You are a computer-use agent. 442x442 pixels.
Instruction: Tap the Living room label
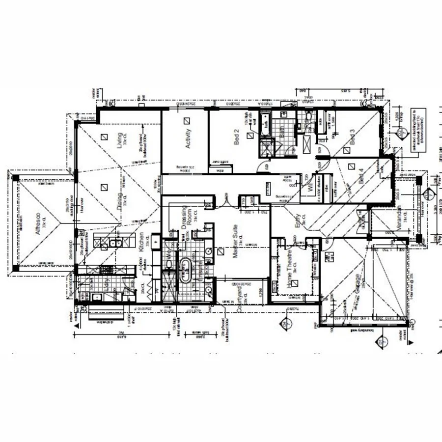coord(118,141)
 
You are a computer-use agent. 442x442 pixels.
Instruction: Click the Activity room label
coord(187,139)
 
